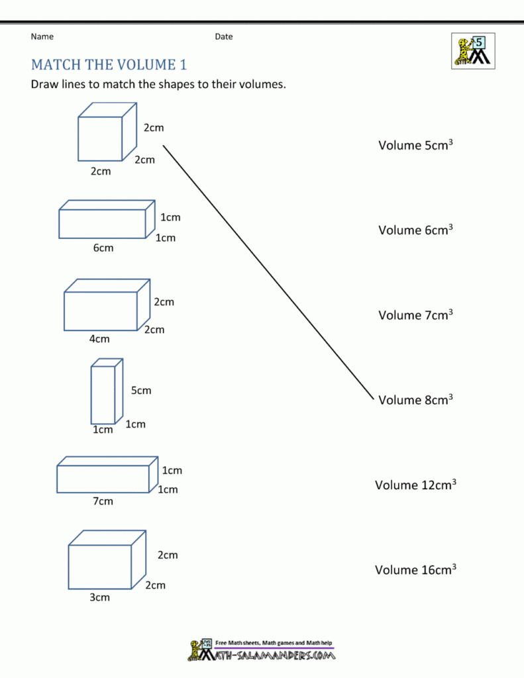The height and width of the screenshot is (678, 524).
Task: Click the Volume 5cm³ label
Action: (x=415, y=145)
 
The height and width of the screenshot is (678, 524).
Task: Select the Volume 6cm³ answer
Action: (x=415, y=230)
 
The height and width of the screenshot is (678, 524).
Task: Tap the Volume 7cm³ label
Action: (x=415, y=315)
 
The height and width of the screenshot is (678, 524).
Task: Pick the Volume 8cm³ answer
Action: (x=415, y=399)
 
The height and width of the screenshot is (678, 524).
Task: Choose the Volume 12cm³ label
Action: (x=415, y=485)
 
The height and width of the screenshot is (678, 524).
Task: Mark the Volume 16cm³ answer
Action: (x=415, y=569)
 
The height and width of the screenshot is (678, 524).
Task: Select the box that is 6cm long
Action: (x=106, y=220)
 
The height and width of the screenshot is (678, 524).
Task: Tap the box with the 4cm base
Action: (x=106, y=305)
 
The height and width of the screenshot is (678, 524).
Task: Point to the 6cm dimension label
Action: (x=103, y=248)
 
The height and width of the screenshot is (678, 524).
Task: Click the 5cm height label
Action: (x=140, y=391)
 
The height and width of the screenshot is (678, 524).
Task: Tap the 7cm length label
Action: (x=103, y=501)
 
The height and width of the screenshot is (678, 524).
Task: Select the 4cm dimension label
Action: (x=99, y=339)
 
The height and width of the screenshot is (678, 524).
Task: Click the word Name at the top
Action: (x=42, y=36)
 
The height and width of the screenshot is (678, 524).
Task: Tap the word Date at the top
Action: (x=223, y=36)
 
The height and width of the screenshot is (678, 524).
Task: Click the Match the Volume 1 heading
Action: (x=109, y=65)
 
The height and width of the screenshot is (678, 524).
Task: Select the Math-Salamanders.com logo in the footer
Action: (x=262, y=651)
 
